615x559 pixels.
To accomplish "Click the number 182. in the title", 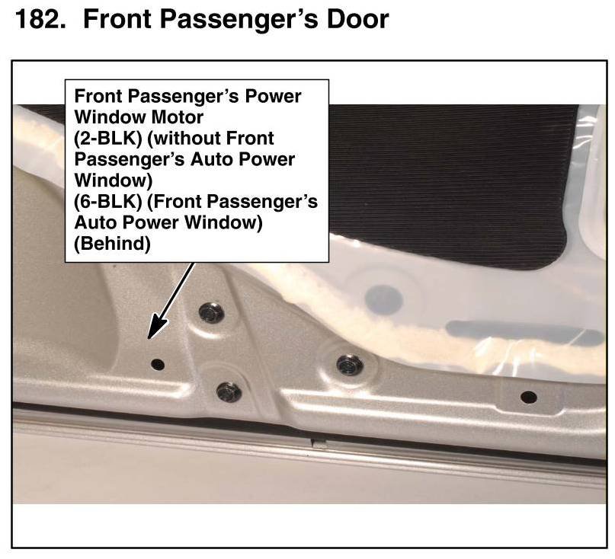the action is pyautogui.click(x=40, y=19).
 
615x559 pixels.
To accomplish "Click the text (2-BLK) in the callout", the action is pyautogui.click(x=108, y=139).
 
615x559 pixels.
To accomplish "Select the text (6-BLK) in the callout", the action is pyautogui.click(x=108, y=202).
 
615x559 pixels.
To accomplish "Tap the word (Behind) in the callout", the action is pyautogui.click(x=112, y=244).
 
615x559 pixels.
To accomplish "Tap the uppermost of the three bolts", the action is pyautogui.click(x=211, y=313).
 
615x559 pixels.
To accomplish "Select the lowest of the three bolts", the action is pyautogui.click(x=229, y=392).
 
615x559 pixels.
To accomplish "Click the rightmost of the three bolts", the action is pyautogui.click(x=350, y=365).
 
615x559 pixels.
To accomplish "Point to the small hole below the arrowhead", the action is pyautogui.click(x=158, y=365).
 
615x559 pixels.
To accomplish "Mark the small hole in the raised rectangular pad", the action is pyautogui.click(x=528, y=398).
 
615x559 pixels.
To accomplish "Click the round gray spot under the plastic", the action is pyautogui.click(x=383, y=299).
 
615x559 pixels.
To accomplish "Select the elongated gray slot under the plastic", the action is pyautogui.click(x=525, y=331).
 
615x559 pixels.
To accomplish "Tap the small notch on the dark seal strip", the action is pyautogui.click(x=319, y=443).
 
